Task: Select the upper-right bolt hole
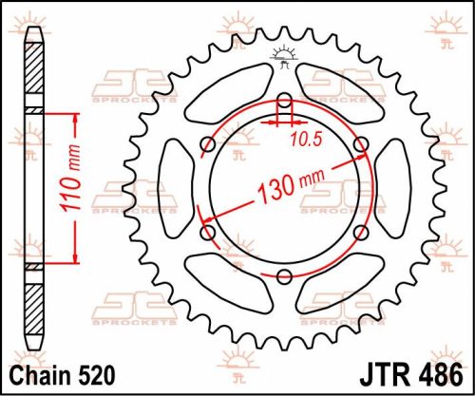361,143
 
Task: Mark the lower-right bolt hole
361,231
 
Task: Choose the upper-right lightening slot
340,93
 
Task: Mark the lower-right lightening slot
340,282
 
